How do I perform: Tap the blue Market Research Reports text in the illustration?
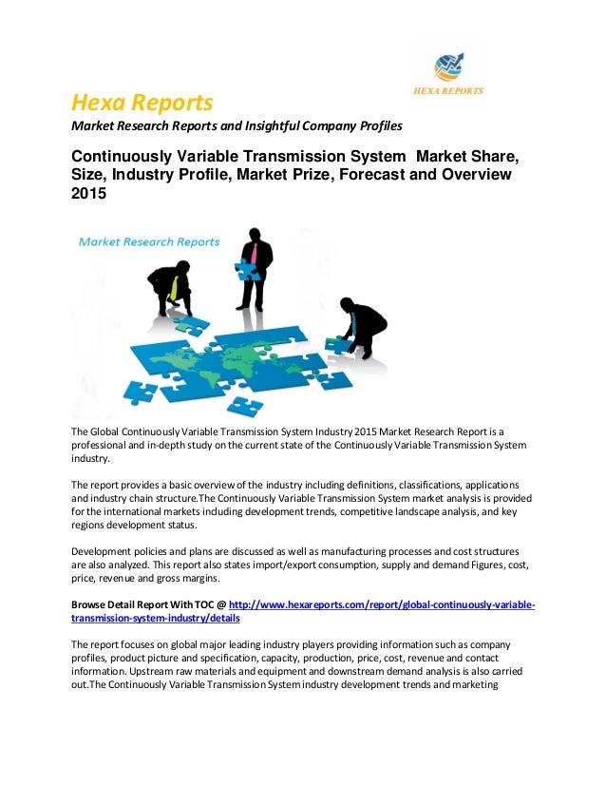(149, 241)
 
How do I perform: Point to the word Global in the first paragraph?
(111, 432)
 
